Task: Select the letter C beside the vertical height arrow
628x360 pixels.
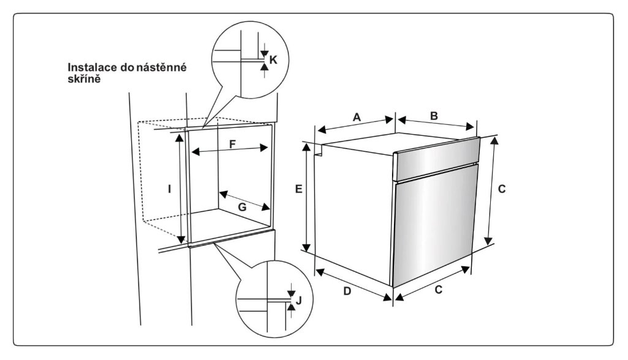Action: (502, 189)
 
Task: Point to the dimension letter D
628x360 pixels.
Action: (346, 291)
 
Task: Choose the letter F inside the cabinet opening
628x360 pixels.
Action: (232, 144)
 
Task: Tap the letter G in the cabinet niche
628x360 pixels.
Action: (242, 208)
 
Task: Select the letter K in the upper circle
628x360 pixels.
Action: (273, 59)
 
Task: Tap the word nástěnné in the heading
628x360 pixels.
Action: (162, 67)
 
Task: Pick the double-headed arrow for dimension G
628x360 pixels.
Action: (245, 199)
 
